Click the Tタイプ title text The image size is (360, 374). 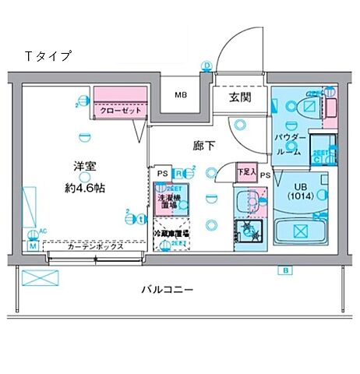(x=48, y=56)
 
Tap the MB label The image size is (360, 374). (x=180, y=96)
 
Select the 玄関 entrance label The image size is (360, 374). (x=239, y=97)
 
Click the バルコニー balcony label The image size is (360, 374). (x=168, y=290)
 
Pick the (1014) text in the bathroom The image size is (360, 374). (x=302, y=196)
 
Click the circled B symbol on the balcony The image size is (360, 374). (x=286, y=270)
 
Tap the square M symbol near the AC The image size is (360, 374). (x=34, y=245)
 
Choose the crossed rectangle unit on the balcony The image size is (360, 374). (x=37, y=277)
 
